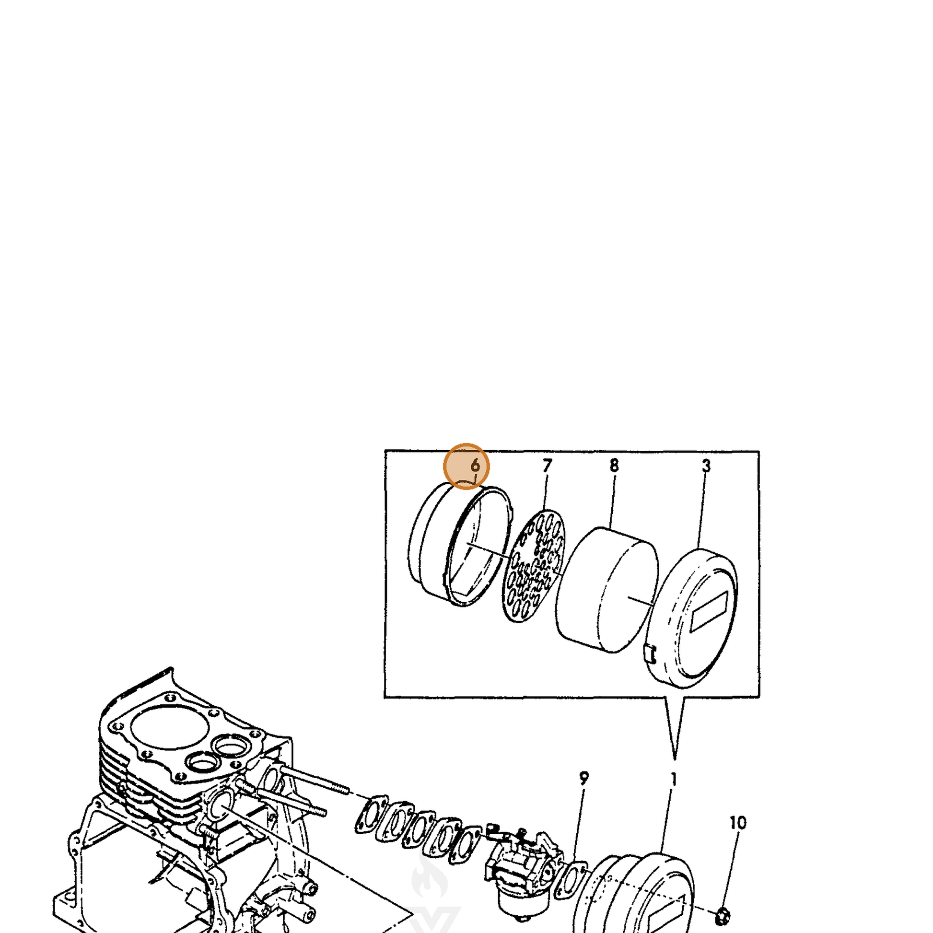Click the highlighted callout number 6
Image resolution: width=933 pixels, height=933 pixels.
tap(475, 466)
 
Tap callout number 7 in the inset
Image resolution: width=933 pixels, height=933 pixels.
tap(547, 466)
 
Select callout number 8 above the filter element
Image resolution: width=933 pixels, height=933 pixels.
tap(614, 466)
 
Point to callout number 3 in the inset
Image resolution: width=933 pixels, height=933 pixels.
tap(706, 466)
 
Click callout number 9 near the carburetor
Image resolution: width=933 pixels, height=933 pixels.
tap(584, 779)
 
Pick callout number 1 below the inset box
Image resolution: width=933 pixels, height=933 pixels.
tap(674, 780)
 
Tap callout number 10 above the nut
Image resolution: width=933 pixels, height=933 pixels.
tap(738, 822)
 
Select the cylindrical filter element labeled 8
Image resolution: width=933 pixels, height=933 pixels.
tap(607, 590)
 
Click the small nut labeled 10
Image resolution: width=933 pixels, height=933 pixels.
tap(723, 915)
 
